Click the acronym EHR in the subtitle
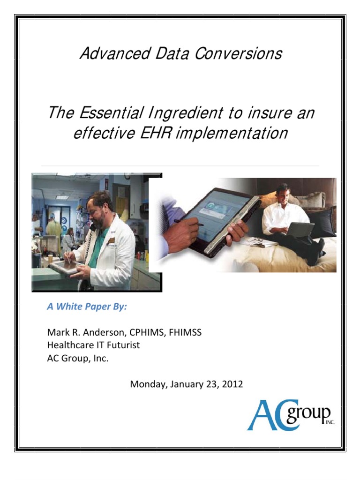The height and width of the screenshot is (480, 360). tap(151, 133)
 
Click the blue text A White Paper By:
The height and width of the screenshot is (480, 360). tap(87, 307)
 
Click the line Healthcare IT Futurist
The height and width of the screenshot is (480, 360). tap(93, 345)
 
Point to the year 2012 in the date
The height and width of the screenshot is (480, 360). tap(233, 384)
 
